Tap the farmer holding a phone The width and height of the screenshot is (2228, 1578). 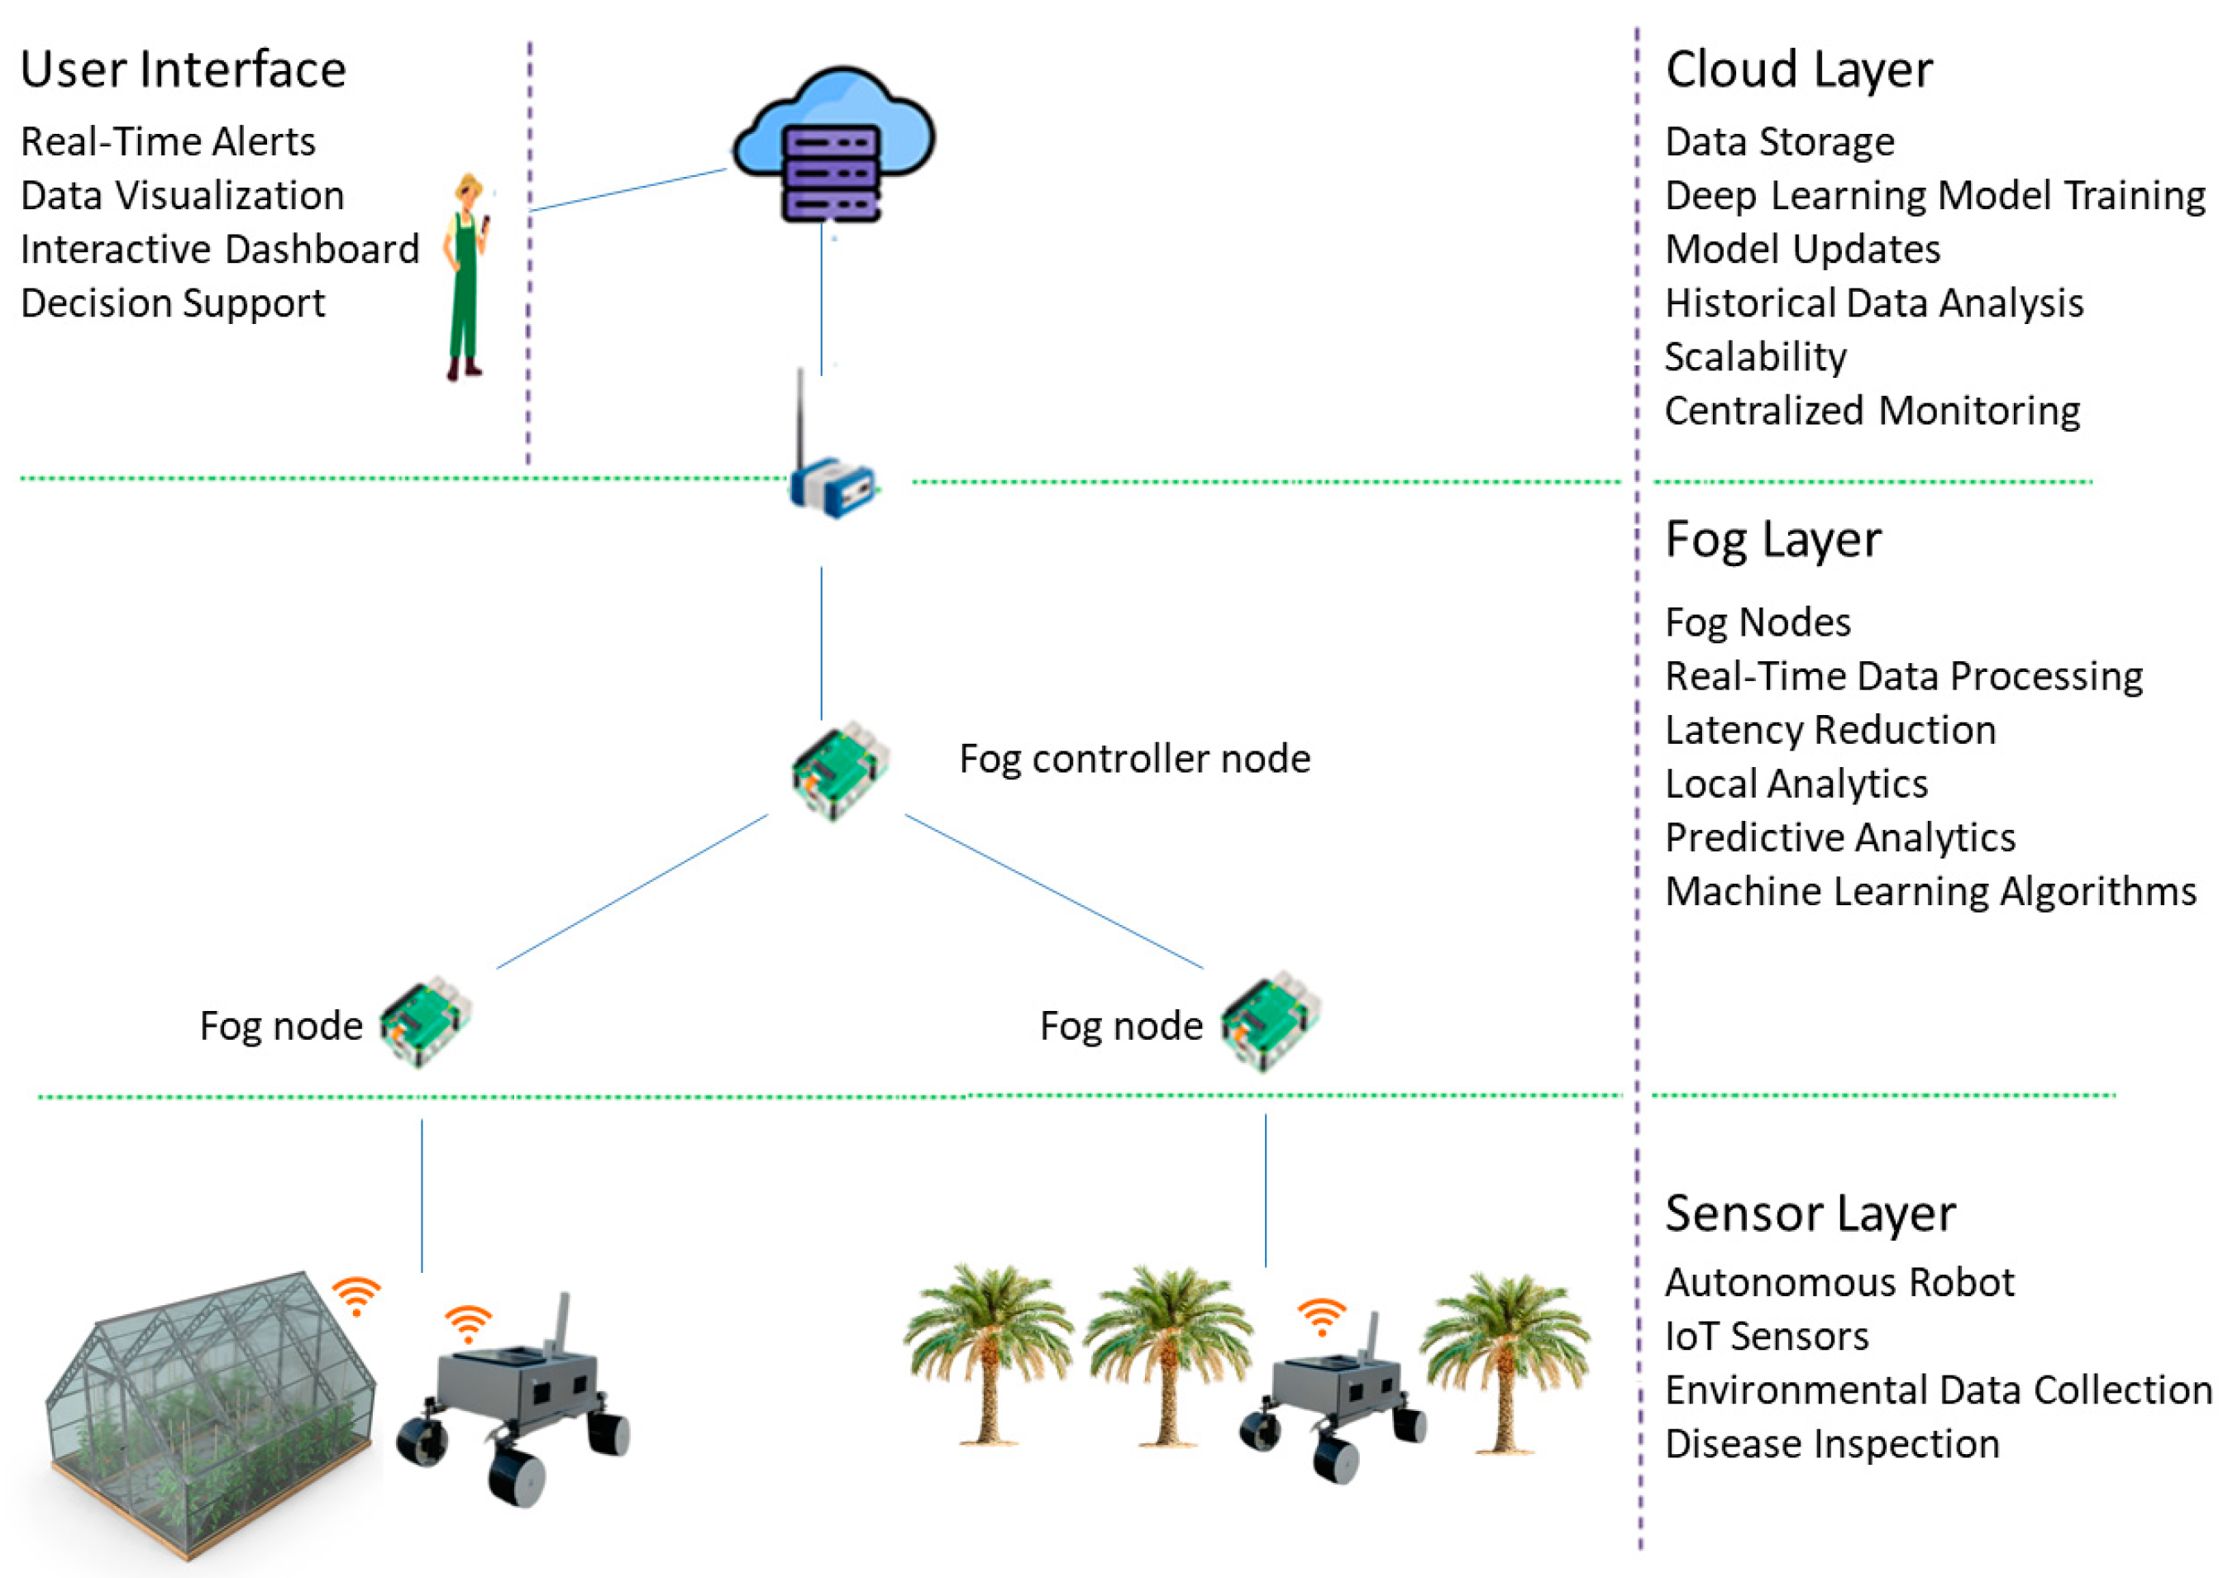point(466,277)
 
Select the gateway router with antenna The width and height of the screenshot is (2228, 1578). point(831,476)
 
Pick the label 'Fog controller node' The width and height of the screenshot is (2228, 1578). point(1134,759)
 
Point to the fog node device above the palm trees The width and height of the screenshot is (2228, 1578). point(1269,1020)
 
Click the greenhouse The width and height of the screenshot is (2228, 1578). point(209,1409)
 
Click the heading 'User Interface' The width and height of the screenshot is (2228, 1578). point(183,70)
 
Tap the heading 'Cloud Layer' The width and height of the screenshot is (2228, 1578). point(1799,70)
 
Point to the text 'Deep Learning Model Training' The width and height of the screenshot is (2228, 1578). point(1935,195)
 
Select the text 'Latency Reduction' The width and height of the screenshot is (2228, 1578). point(1830,730)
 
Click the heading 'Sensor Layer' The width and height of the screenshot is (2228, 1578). point(1809,1213)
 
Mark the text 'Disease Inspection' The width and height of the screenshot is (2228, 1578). point(1831,1444)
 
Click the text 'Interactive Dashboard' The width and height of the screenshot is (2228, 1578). point(220,250)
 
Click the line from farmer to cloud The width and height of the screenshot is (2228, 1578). point(627,190)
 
